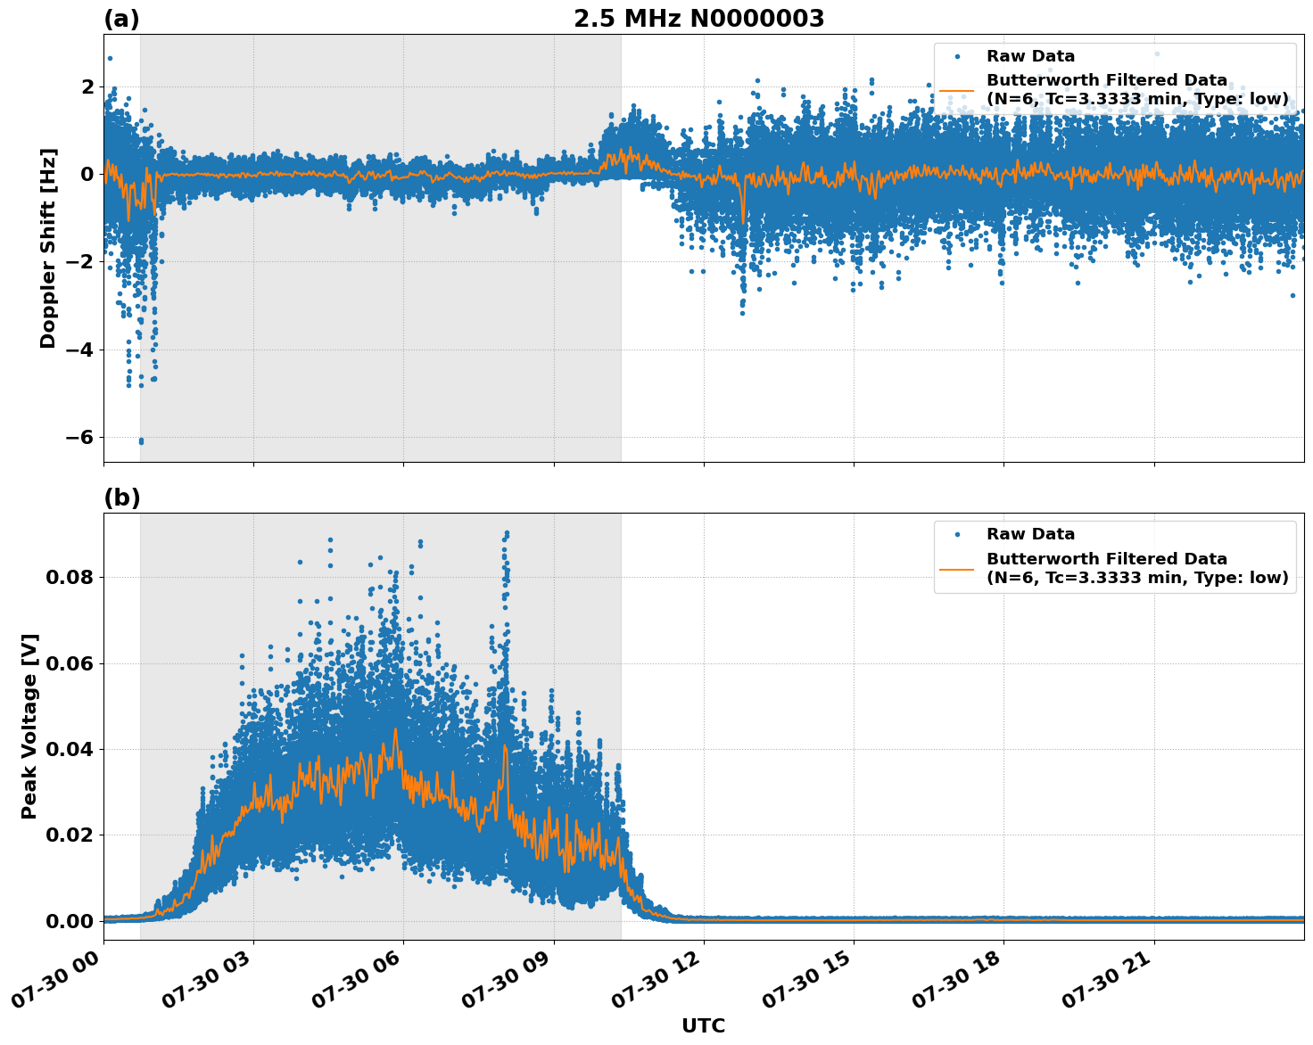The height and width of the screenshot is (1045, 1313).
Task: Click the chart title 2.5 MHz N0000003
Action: click(698, 19)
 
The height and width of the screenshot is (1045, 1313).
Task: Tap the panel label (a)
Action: click(121, 19)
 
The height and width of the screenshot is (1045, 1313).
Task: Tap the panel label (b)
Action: click(121, 498)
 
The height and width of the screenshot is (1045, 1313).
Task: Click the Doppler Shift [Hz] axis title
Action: click(48, 248)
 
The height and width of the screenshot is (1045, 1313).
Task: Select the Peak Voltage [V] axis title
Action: click(29, 726)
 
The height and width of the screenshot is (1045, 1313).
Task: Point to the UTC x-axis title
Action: click(703, 1025)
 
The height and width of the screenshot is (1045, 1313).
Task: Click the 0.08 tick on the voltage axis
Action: click(70, 577)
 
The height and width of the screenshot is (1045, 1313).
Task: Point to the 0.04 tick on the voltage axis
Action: click(70, 749)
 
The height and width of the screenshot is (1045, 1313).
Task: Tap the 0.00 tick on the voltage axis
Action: click(70, 921)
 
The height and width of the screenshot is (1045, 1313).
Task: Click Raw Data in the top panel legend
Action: click(1030, 57)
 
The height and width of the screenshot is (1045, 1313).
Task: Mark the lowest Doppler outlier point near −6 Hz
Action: click(141, 440)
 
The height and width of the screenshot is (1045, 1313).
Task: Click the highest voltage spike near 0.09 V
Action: click(507, 533)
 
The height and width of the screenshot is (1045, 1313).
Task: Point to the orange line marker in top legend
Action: click(956, 89)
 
